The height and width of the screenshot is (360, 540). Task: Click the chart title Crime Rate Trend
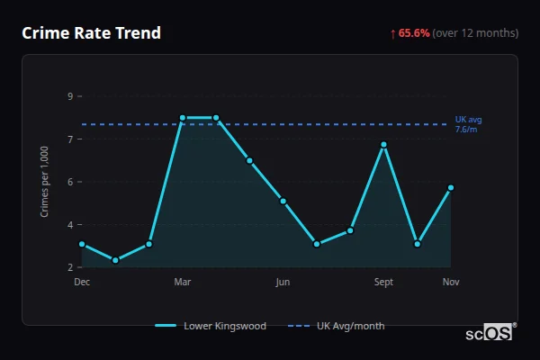tap(92, 33)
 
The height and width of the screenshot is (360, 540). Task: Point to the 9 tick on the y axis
tap(69, 95)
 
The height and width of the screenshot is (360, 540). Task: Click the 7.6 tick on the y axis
tap(69, 139)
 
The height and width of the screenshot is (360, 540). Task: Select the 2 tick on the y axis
tap(69, 267)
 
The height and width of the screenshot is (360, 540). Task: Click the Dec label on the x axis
tap(82, 282)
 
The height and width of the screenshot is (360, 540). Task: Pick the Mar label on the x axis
tap(183, 282)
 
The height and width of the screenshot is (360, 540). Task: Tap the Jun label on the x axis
tap(283, 282)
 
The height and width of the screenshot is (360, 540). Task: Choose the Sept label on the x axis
tap(383, 282)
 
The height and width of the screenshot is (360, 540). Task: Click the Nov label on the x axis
tap(451, 282)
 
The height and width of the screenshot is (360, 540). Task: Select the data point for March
tap(183, 118)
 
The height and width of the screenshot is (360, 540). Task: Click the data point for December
tap(82, 244)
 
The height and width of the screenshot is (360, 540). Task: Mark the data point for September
tap(383, 144)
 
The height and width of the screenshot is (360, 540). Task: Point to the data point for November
tap(451, 187)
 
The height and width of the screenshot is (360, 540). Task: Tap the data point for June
tap(283, 201)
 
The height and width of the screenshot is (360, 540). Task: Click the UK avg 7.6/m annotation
tap(468, 124)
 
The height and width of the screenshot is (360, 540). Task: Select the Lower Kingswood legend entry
tap(211, 326)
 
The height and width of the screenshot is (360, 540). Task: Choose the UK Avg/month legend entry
tap(337, 326)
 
